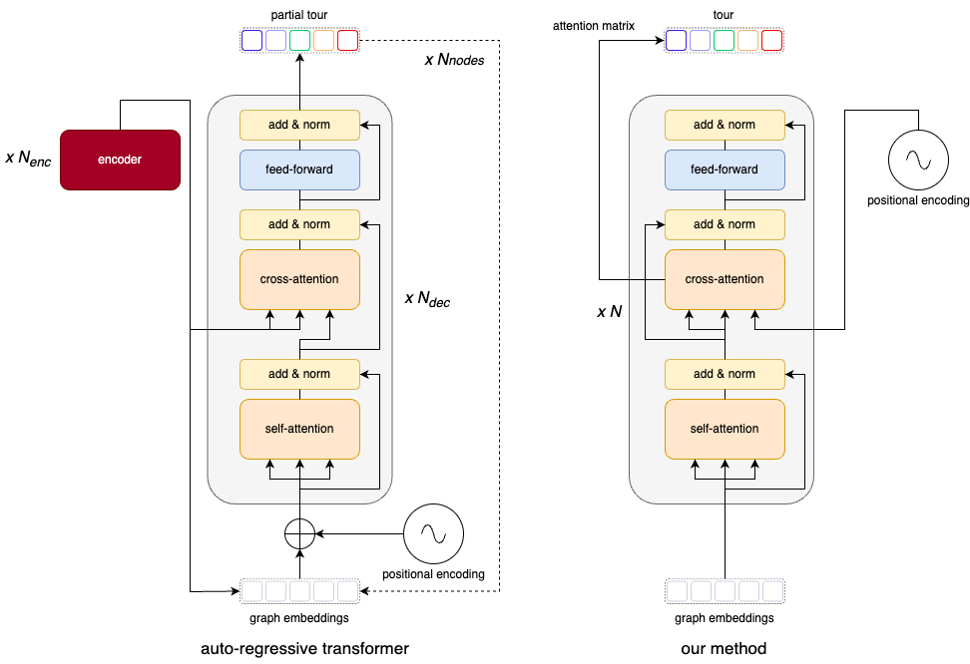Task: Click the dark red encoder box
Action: click(x=121, y=160)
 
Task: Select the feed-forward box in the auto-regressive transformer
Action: click(x=299, y=169)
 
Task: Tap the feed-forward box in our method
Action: click(x=725, y=169)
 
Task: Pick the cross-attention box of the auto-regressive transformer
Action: click(x=299, y=279)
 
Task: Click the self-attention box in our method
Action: click(x=725, y=429)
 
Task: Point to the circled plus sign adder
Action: click(x=299, y=534)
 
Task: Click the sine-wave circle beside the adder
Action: click(x=434, y=534)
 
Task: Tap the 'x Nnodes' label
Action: click(x=455, y=61)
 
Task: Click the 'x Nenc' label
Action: click(x=30, y=160)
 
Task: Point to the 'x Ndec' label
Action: click(x=427, y=298)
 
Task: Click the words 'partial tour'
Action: click(x=299, y=16)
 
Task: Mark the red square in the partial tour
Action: click(x=347, y=41)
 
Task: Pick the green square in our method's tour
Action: click(x=724, y=41)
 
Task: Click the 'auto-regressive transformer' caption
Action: click(x=304, y=649)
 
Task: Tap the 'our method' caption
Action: click(x=724, y=649)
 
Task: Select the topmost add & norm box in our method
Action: click(x=725, y=125)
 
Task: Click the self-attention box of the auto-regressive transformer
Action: click(x=299, y=429)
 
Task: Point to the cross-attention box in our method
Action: click(x=725, y=279)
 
